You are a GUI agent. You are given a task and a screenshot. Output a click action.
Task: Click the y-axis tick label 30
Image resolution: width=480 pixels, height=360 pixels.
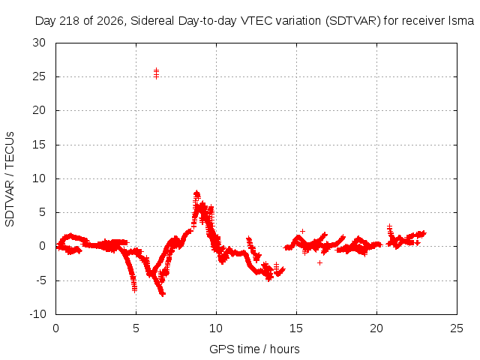[39, 43]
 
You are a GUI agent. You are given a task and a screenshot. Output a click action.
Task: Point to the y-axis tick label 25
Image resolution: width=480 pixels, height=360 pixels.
[39, 76]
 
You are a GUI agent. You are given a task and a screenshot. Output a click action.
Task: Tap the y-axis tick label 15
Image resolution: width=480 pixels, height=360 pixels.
[39, 145]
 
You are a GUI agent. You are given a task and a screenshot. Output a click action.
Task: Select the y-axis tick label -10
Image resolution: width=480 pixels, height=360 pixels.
[38, 314]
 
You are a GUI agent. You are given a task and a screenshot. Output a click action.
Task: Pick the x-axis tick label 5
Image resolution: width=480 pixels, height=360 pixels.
[136, 328]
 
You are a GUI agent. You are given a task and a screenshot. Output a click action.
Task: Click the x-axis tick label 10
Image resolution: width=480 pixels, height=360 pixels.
[216, 328]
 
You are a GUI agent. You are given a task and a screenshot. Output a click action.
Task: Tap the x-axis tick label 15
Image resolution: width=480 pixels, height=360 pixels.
[296, 328]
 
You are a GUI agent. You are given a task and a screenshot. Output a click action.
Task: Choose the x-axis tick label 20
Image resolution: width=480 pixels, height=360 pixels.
[376, 328]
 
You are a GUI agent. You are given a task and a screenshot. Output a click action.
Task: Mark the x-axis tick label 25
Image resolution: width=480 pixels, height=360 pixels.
[457, 328]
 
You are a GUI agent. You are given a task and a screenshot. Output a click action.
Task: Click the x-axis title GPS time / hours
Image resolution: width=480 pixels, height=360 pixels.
[254, 349]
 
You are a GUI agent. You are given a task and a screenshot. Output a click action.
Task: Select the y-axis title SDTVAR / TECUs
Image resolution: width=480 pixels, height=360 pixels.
[10, 179]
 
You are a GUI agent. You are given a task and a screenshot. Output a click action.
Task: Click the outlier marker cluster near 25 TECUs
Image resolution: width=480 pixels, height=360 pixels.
[156, 73]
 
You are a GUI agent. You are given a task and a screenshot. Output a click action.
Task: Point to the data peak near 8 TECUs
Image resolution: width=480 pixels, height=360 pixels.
[196, 193]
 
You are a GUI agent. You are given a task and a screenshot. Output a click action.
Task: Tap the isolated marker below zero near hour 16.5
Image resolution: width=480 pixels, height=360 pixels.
[319, 262]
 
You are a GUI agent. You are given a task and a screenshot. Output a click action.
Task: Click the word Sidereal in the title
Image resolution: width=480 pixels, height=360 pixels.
[152, 21]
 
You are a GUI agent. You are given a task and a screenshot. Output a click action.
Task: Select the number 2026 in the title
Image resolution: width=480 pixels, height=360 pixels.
[110, 21]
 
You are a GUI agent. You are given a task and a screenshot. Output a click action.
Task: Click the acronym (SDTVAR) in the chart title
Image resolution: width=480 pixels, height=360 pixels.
[352, 21]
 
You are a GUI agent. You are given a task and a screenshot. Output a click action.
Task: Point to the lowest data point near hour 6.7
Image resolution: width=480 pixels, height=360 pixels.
[163, 294]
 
